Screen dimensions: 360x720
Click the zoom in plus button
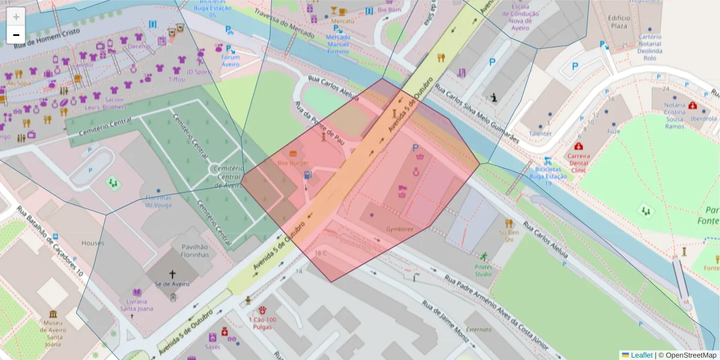pyautogui.click(x=16, y=17)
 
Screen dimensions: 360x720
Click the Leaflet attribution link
pyautogui.click(x=641, y=355)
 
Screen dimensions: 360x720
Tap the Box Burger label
pyautogui.click(x=293, y=163)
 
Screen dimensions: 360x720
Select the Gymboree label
pyautogui.click(x=400, y=229)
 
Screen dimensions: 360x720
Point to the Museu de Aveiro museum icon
pyautogui.click(x=53, y=314)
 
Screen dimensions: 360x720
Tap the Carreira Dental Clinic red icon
pyautogui.click(x=578, y=146)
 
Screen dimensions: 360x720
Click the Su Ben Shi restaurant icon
pyautogui.click(x=509, y=223)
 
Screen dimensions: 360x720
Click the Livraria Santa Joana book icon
pyautogui.click(x=137, y=293)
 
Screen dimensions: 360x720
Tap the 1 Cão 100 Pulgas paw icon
pyautogui.click(x=262, y=310)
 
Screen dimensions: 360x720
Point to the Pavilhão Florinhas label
pyautogui.click(x=190, y=250)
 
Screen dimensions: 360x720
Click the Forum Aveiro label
pyautogui.click(x=230, y=61)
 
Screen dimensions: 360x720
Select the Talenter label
pyautogui.click(x=541, y=134)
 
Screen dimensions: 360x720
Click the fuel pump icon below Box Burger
pyautogui.click(x=308, y=175)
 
